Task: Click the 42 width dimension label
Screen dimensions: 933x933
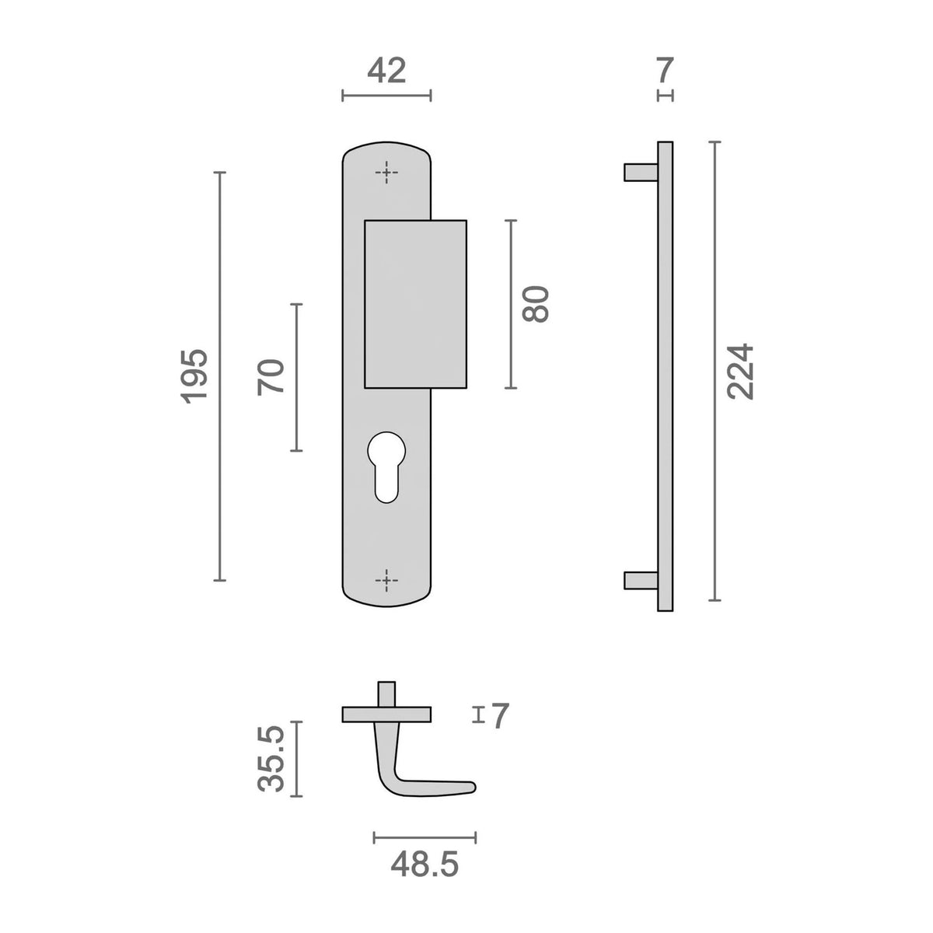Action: click(386, 72)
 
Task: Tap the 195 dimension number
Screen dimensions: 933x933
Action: click(194, 376)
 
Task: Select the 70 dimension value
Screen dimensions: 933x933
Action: click(271, 377)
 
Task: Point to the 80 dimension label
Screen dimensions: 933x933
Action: click(536, 304)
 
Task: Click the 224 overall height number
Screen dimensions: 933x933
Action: click(740, 372)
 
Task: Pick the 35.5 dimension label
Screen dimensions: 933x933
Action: click(271, 758)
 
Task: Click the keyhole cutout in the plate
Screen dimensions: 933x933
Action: click(386, 466)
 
